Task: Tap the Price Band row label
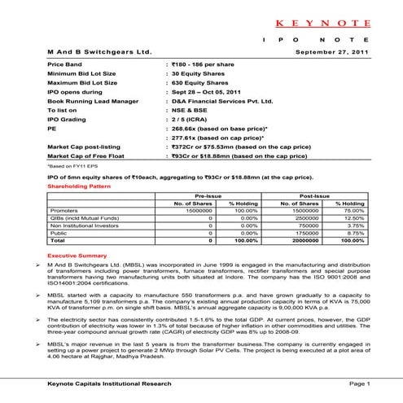click(x=66, y=63)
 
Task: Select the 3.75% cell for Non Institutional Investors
click(x=351, y=226)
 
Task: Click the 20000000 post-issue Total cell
click(x=295, y=241)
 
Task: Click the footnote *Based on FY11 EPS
click(x=71, y=164)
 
